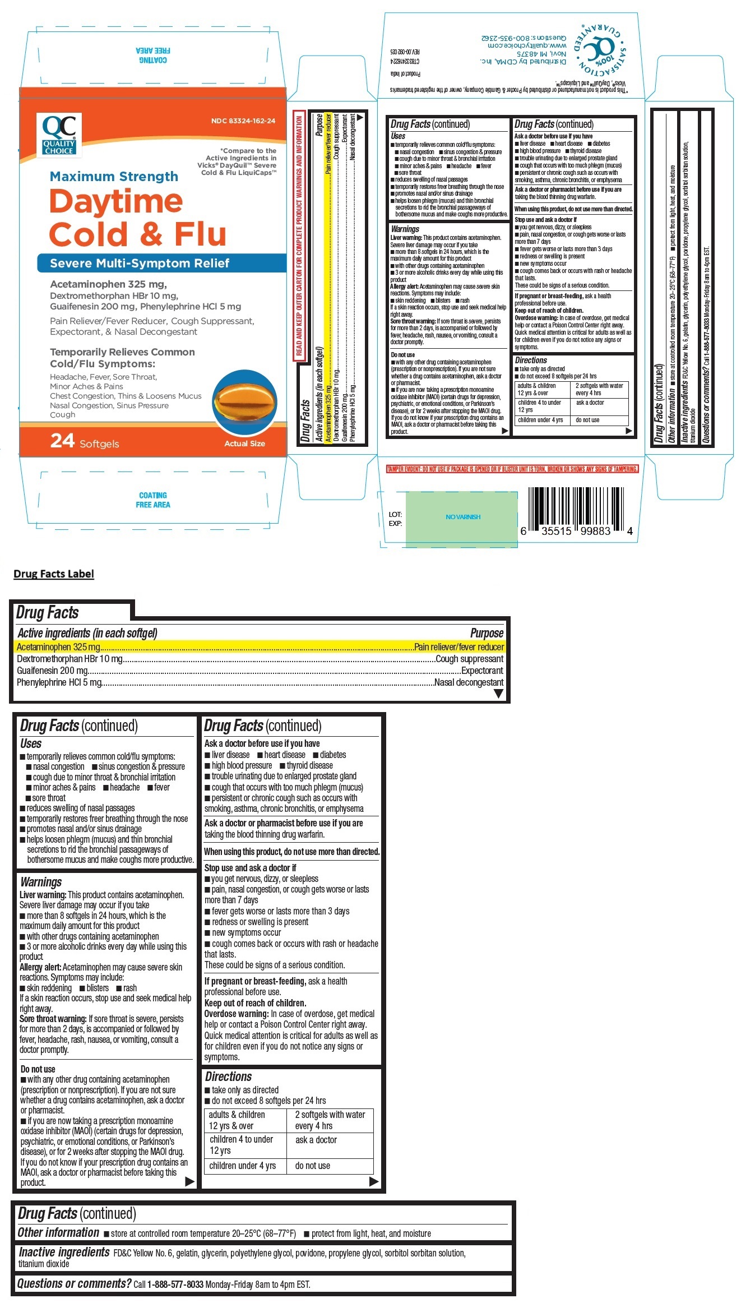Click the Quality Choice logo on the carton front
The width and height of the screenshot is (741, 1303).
tap(59, 134)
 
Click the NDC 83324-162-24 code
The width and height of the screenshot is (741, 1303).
tap(243, 121)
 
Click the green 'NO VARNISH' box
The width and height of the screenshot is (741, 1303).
tap(462, 517)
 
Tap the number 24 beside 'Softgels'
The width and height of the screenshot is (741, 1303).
tap(62, 441)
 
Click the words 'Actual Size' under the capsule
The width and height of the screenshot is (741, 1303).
tap(244, 443)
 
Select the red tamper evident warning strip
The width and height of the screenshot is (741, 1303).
tap(512, 469)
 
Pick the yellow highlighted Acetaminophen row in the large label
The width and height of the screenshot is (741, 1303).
tap(260, 647)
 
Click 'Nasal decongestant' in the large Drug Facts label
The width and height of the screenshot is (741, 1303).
tap(469, 682)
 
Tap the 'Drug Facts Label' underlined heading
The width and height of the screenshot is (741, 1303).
tap(54, 574)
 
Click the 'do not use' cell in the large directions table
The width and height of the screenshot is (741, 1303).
tap(313, 1166)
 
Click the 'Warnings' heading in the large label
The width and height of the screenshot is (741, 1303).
tap(41, 882)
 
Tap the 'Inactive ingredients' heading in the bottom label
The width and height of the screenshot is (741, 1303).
tap(64, 1253)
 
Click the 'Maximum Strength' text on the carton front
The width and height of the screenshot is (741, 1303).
tap(114, 177)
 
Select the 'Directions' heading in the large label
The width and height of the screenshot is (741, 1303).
tap(228, 1076)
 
